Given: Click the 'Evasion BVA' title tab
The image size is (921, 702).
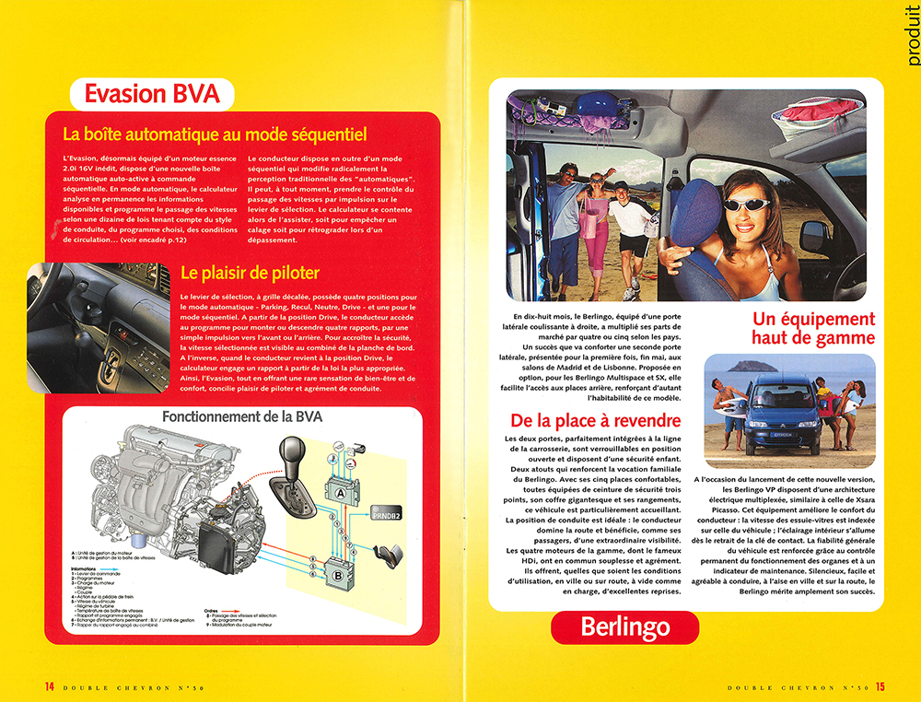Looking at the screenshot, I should pyautogui.click(x=152, y=93).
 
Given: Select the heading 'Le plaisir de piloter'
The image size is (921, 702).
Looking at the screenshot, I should pyautogui.click(x=250, y=273).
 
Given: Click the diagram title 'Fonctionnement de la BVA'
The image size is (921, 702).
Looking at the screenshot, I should pyautogui.click(x=242, y=416).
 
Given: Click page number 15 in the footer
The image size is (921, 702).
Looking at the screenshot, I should pyautogui.click(x=880, y=686).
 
